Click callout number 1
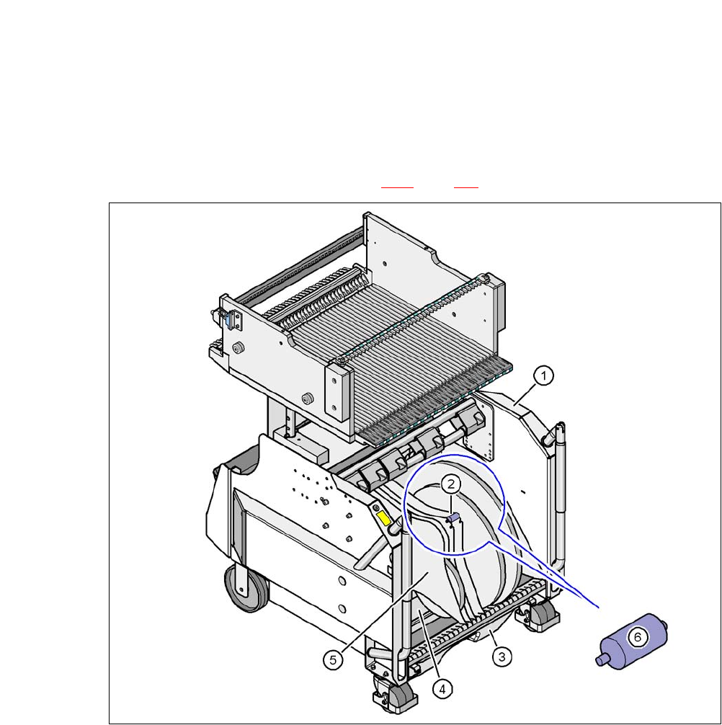(543, 375)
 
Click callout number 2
(451, 484)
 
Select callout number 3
(502, 656)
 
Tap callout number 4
(442, 689)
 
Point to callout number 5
(334, 660)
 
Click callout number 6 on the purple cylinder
(638, 638)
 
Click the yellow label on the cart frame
(383, 518)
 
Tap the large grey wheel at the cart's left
(246, 588)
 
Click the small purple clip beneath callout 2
(453, 518)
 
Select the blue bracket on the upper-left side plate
(228, 318)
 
